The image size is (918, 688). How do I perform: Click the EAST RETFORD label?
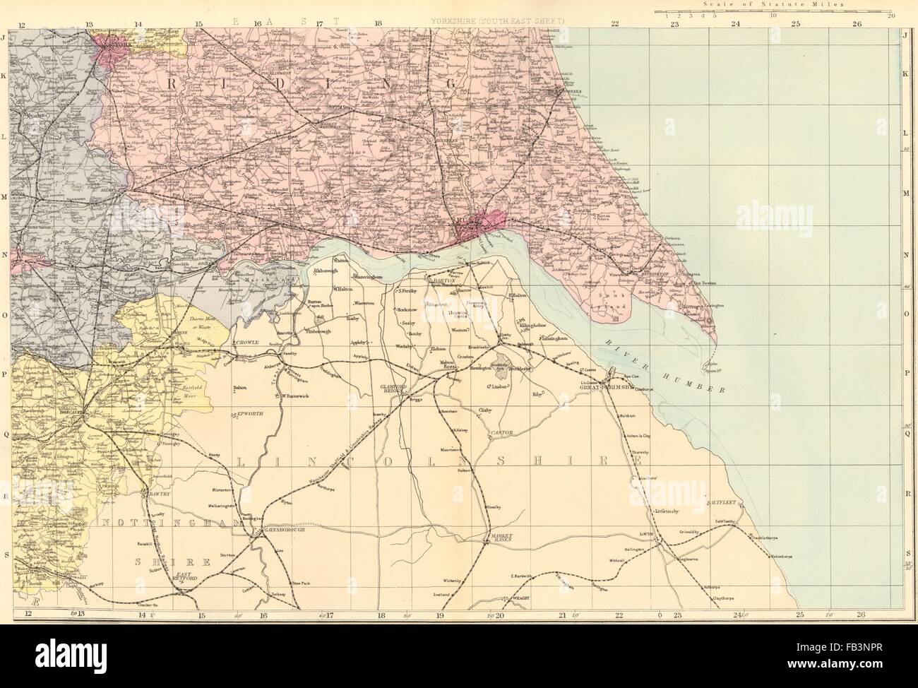click(x=185, y=576)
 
